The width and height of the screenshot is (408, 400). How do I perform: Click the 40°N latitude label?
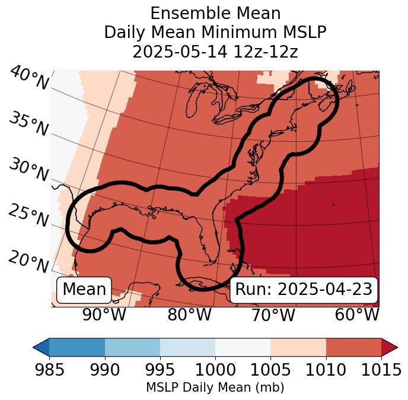tap(28, 79)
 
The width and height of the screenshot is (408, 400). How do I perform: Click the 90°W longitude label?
tap(104, 315)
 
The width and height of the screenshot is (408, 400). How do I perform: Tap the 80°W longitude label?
tap(189, 315)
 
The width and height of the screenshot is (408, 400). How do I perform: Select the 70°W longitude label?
tap(273, 315)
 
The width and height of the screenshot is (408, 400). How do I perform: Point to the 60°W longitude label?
tap(357, 315)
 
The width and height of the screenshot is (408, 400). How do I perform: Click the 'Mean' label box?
tap(84, 290)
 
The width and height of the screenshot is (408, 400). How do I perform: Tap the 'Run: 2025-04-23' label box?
tap(304, 290)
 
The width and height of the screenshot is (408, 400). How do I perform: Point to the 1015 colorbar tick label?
tap(381, 370)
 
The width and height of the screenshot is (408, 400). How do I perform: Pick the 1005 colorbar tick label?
tap(270, 370)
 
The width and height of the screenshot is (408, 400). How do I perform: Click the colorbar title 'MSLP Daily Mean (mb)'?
tap(215, 388)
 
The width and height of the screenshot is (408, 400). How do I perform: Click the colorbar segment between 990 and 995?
tap(132, 347)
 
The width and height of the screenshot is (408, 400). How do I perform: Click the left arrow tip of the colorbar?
tap(34, 347)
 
